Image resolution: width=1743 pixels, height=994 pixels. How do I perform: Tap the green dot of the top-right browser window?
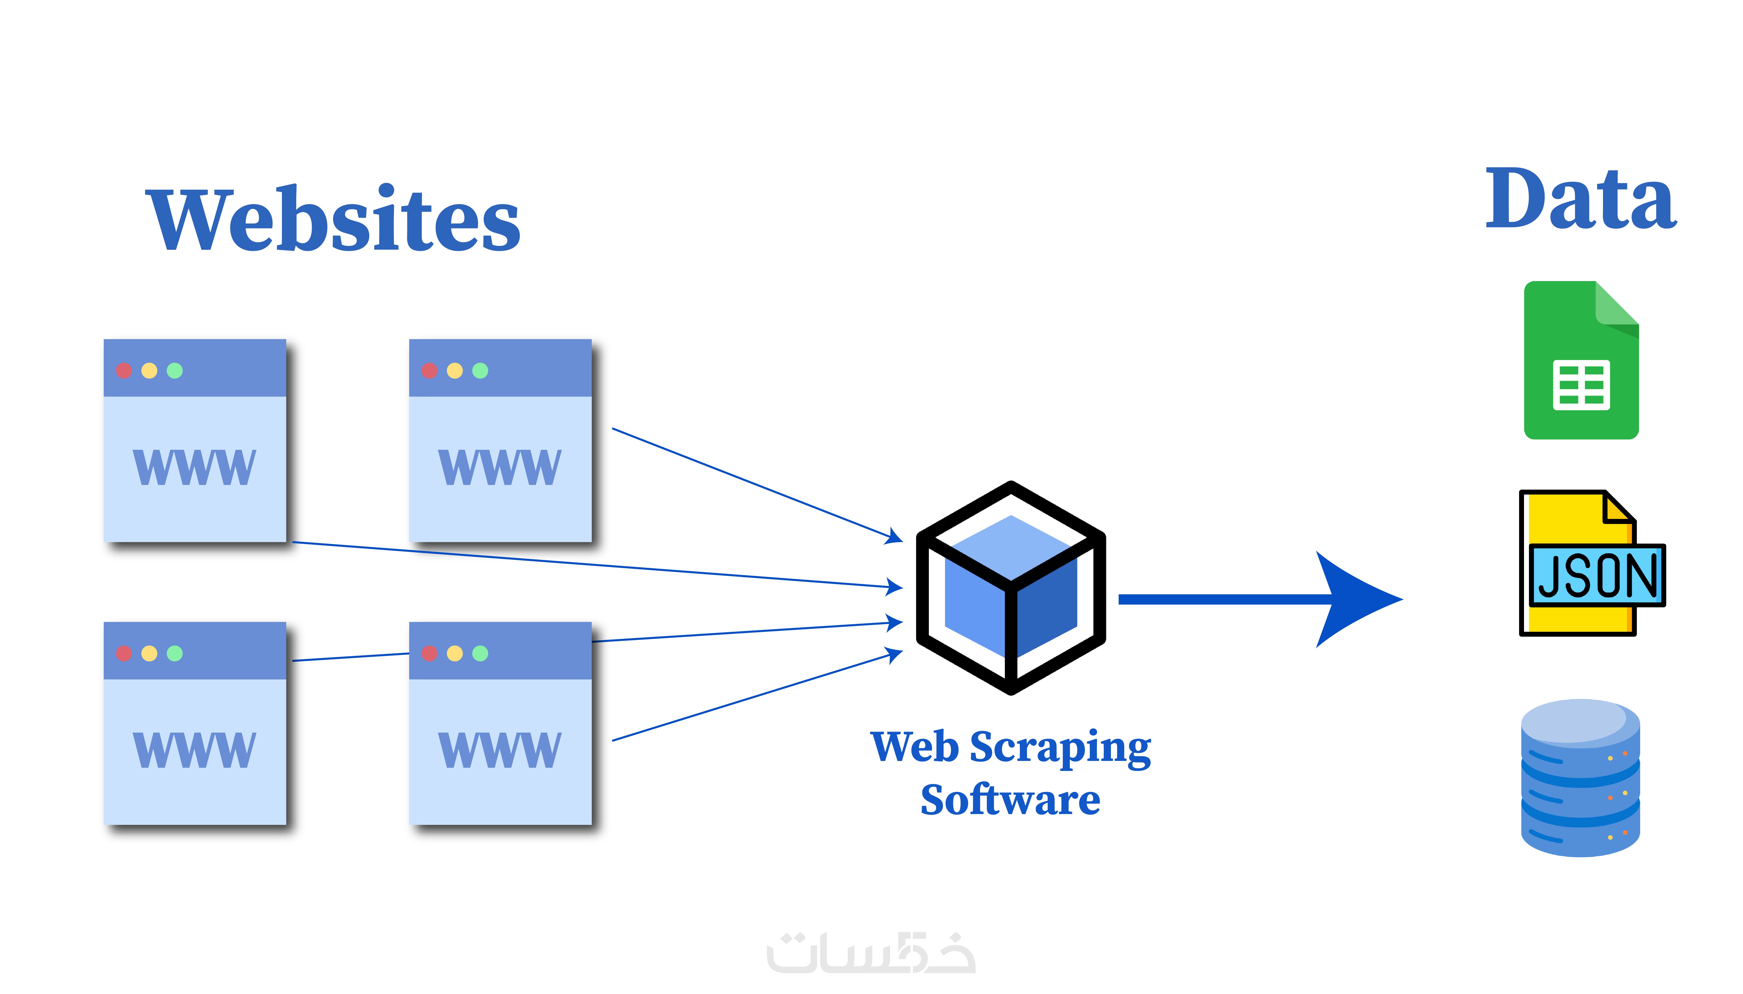point(480,371)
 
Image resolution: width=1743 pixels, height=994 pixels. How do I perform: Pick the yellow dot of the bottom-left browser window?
point(149,653)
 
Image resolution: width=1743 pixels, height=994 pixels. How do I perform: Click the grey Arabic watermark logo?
point(871,952)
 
